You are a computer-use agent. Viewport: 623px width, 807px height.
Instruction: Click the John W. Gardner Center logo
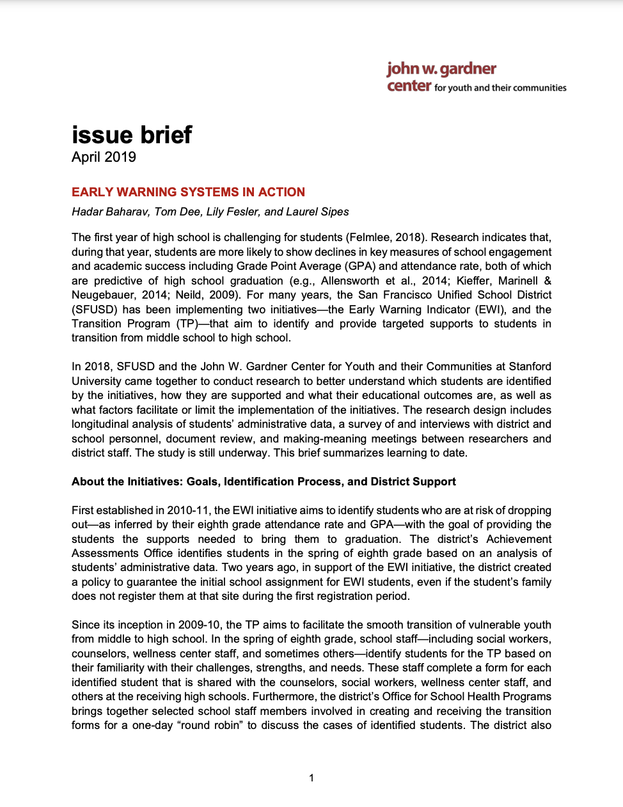point(476,77)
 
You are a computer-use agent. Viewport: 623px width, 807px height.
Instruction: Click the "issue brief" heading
point(132,135)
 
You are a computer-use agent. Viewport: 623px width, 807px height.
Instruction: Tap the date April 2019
point(104,157)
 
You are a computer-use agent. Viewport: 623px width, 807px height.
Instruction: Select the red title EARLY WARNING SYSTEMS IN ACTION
point(188,192)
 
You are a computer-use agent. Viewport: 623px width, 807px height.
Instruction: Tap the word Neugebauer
point(102,295)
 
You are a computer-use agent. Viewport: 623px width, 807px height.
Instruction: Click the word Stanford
point(530,366)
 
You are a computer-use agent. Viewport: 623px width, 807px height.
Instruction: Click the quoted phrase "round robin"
point(217,725)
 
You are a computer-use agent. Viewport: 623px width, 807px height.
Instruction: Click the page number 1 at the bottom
point(311,778)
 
